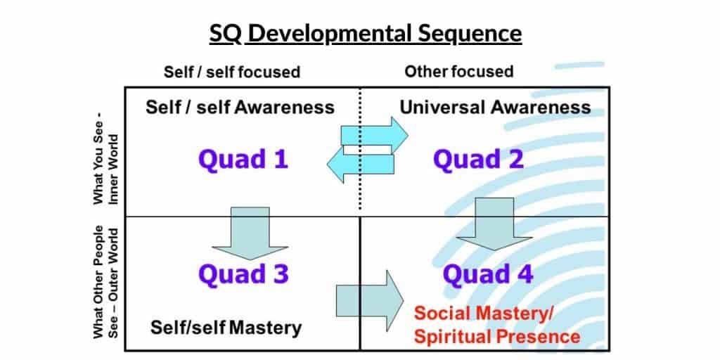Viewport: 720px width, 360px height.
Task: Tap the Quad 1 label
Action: tap(243, 160)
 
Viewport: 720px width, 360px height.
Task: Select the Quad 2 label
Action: tap(478, 160)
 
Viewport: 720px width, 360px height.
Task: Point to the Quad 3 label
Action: tap(243, 274)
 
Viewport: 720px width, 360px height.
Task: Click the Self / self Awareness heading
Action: tap(240, 108)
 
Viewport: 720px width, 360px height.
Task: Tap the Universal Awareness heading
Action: tap(495, 108)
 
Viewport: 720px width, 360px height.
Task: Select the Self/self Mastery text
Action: tap(226, 327)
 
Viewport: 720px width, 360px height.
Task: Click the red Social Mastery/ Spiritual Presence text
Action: tap(497, 325)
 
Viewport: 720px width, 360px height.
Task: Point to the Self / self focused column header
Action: tap(232, 72)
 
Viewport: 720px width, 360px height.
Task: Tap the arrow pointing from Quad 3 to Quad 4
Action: tap(369, 302)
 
